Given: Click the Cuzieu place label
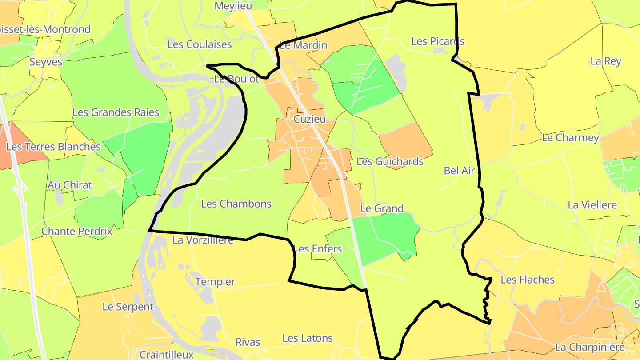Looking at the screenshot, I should coord(309,119).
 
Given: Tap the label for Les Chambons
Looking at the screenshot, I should coord(236,204).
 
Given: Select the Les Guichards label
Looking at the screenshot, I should coord(390,161).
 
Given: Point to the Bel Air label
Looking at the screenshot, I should coord(459,170).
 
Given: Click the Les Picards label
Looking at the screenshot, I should coord(438,41).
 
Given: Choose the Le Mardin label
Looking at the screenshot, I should coord(303,45).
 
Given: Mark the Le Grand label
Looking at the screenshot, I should coord(382,208).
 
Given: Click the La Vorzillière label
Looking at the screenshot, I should coord(203,240).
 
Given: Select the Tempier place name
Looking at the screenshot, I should coord(215,282).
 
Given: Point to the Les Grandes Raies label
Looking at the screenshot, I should coord(116,112).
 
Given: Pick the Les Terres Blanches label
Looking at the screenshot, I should coord(53,147).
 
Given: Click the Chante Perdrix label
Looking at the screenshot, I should coord(77,232).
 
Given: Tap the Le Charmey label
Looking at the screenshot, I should coord(570,138).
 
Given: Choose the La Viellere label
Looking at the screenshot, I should coord(592,205).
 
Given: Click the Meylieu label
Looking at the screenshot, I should coord(233,6).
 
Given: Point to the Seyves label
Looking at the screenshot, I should coord(46,62).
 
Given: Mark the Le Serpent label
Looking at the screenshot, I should coord(128,307).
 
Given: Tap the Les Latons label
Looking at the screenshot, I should coord(308,338).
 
